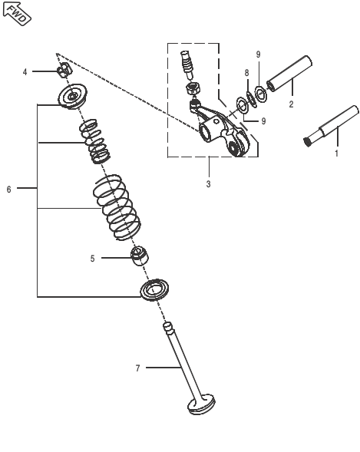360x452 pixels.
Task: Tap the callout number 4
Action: point(25,72)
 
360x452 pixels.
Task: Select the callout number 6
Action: point(8,189)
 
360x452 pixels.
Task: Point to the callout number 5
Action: point(92,259)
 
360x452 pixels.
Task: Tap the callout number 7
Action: point(138,369)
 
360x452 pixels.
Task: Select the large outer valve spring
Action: point(117,205)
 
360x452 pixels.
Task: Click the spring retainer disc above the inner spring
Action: point(74,97)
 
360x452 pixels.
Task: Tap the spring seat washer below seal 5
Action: point(158,291)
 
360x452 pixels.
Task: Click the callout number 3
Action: point(208,184)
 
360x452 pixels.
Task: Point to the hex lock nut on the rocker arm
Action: point(195,88)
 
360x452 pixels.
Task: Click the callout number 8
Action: point(246,73)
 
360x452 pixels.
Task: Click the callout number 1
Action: point(335,153)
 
